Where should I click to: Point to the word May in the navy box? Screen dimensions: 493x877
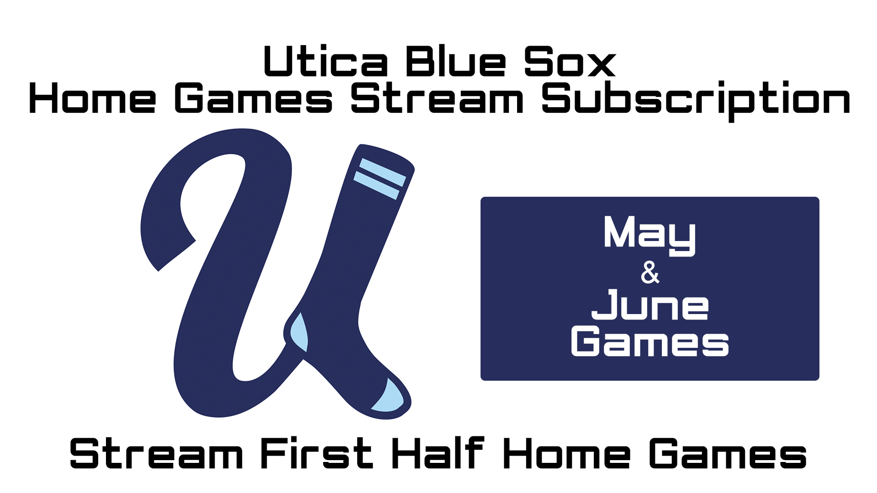649,235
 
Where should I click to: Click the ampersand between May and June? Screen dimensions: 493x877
650,273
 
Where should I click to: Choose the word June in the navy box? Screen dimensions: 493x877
650,304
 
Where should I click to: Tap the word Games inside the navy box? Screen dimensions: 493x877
650,341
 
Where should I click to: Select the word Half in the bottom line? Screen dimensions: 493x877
438,453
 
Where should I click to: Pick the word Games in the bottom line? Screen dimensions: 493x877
728,453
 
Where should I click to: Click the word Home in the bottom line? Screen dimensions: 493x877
566,453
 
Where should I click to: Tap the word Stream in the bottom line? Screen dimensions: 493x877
156,453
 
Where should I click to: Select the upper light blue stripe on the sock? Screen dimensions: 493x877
383,172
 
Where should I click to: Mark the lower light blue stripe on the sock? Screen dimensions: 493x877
376,185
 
